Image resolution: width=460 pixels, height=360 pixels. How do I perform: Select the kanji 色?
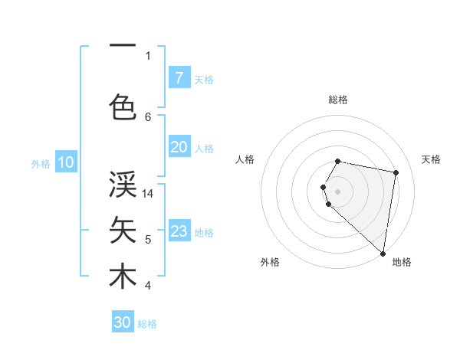tap(123, 105)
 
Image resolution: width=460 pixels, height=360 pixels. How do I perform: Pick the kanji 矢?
tap(123, 229)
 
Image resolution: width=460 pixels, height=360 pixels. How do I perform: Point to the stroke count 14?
tap(148, 195)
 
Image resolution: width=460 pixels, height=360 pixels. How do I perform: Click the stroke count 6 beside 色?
tap(148, 116)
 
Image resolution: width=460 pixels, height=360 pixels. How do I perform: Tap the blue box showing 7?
tap(179, 77)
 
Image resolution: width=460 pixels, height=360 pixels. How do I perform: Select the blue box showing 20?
tap(179, 148)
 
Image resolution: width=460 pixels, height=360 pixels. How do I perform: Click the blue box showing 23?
tap(179, 231)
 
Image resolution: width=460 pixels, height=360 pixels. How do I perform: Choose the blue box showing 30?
tap(123, 322)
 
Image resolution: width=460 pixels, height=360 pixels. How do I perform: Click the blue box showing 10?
tap(65, 162)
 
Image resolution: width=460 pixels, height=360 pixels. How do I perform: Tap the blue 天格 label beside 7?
tap(204, 79)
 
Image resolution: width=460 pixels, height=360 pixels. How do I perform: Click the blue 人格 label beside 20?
tap(204, 149)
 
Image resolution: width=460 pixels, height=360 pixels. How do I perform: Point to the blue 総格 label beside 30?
tap(147, 324)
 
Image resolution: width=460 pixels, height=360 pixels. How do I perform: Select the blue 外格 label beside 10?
tap(40, 163)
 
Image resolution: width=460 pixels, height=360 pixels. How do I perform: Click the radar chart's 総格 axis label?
tap(338, 100)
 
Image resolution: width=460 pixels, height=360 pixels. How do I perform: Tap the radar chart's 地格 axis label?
tap(402, 262)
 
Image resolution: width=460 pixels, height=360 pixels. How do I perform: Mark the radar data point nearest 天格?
tap(396, 173)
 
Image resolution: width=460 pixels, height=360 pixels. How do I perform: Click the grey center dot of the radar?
tap(338, 191)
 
